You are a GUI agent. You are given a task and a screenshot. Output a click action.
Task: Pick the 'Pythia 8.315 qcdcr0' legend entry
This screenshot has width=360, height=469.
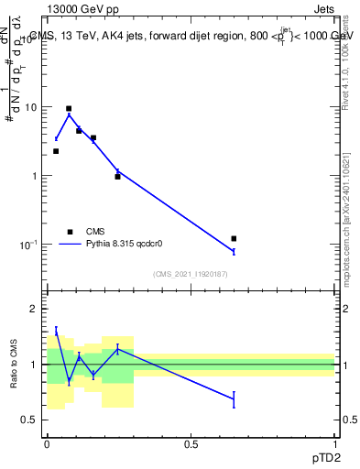118,244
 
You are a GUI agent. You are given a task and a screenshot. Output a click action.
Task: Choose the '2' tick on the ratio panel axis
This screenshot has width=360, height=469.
34,309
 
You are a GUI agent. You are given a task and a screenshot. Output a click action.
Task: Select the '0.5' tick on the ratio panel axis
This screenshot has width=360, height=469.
30,420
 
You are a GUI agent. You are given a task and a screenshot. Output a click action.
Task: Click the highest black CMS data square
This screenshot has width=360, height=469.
69,108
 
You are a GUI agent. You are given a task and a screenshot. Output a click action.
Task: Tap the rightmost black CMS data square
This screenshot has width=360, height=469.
234,238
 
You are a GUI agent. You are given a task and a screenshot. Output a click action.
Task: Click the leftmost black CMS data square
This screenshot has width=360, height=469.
56,151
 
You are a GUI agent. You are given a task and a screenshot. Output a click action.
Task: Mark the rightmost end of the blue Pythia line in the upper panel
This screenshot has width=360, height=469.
234,251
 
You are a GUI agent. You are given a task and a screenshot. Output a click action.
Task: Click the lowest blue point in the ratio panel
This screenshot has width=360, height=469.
234,398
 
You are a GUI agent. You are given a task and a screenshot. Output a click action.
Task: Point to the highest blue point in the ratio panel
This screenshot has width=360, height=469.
56,331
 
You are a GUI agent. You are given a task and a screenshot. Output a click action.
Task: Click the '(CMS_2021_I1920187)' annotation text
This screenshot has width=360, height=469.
191,274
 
